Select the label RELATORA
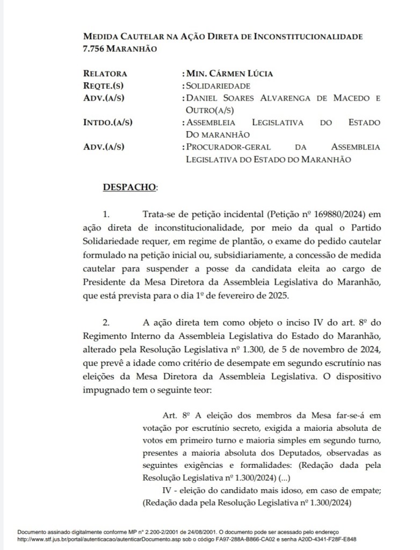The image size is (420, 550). tap(105, 74)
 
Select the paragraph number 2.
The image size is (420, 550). tap(106, 323)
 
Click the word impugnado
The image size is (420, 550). tap(106, 388)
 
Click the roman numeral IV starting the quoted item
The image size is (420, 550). tap(167, 491)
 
